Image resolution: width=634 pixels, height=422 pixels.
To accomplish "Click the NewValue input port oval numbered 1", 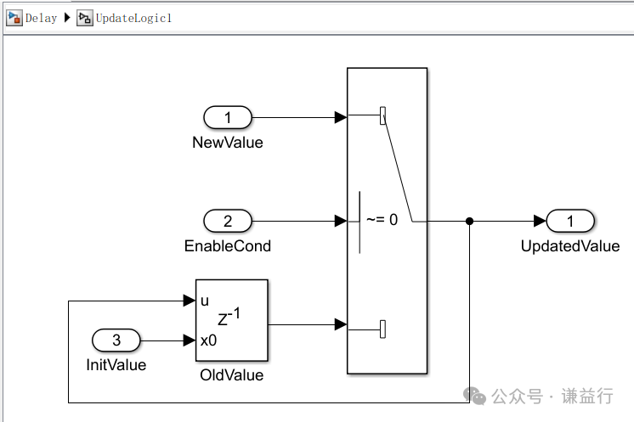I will [x=227, y=117].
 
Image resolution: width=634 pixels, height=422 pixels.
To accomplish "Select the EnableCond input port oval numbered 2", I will [x=227, y=222].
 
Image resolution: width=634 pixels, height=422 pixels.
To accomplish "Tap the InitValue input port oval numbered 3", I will [x=116, y=341].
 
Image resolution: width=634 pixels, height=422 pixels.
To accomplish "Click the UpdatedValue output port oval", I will [x=570, y=222].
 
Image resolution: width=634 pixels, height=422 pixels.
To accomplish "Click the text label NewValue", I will [x=227, y=143].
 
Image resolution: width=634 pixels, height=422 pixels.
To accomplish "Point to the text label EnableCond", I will [x=227, y=246].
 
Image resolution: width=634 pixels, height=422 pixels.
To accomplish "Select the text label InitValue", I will [x=116, y=365].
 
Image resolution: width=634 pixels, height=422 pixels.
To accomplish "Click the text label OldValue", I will [x=231, y=375].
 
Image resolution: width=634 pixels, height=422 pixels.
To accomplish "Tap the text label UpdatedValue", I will [x=570, y=246].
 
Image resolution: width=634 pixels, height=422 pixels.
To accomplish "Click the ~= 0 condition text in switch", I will [x=382, y=220].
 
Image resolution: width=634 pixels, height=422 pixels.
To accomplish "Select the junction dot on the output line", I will [x=470, y=222].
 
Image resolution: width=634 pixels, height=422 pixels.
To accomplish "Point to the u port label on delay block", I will [x=205, y=301].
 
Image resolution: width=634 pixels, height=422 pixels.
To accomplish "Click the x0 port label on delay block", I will [x=207, y=340].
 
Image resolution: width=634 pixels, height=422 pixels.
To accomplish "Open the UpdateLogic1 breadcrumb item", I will [x=133, y=18].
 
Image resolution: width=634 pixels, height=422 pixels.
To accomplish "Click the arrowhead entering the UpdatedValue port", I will [x=540, y=222].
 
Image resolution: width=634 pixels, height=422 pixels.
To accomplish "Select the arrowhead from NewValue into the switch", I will [x=341, y=117].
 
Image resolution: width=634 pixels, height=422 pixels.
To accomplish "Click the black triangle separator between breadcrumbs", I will [x=67, y=18].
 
